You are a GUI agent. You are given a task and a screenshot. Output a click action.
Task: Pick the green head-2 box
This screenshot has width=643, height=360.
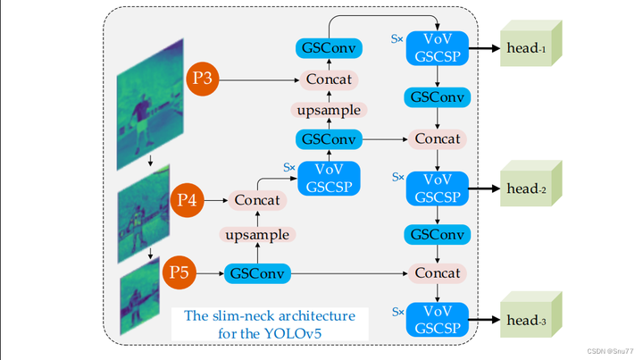point(532,188)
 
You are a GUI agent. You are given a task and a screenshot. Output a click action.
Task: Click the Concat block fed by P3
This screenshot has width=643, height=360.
point(329,80)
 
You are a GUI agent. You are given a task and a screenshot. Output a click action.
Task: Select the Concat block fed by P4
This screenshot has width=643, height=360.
point(257,201)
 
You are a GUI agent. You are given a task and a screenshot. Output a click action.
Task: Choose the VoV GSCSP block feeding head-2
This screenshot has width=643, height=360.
point(437,188)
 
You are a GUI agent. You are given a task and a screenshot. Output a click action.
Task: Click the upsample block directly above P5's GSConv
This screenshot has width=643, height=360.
point(257,235)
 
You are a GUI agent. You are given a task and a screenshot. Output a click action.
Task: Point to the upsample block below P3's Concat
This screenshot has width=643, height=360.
point(329,111)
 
